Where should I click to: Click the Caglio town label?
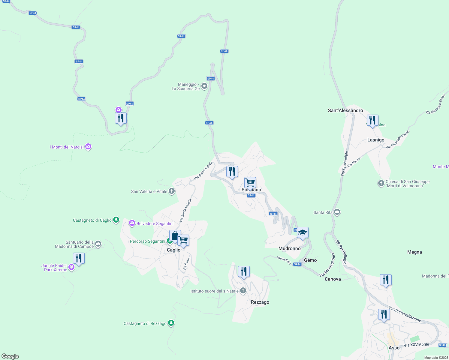tap(173, 250)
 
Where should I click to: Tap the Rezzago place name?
tap(260, 302)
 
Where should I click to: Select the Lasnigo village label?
tap(376, 140)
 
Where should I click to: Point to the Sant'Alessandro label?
tap(345, 110)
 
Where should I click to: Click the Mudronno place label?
tap(289, 248)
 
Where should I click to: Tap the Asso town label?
tap(394, 348)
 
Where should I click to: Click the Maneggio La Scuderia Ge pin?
tap(204, 86)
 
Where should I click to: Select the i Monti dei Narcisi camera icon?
tap(88, 147)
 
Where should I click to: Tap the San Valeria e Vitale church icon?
tap(172, 191)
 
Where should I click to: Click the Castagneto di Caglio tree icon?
tap(116, 220)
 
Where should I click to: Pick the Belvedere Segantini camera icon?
tap(132, 223)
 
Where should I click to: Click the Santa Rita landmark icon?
tap(337, 212)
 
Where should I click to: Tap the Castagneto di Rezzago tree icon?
tap(171, 323)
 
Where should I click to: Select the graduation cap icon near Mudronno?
tap(303, 232)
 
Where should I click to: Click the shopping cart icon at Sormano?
tap(250, 182)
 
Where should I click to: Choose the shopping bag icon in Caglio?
tap(175, 236)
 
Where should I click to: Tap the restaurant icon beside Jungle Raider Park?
tap(79, 258)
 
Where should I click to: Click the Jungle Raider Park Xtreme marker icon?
tap(71, 267)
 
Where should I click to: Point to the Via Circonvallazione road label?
tap(405, 314)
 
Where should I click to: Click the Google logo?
tap(10, 356)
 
